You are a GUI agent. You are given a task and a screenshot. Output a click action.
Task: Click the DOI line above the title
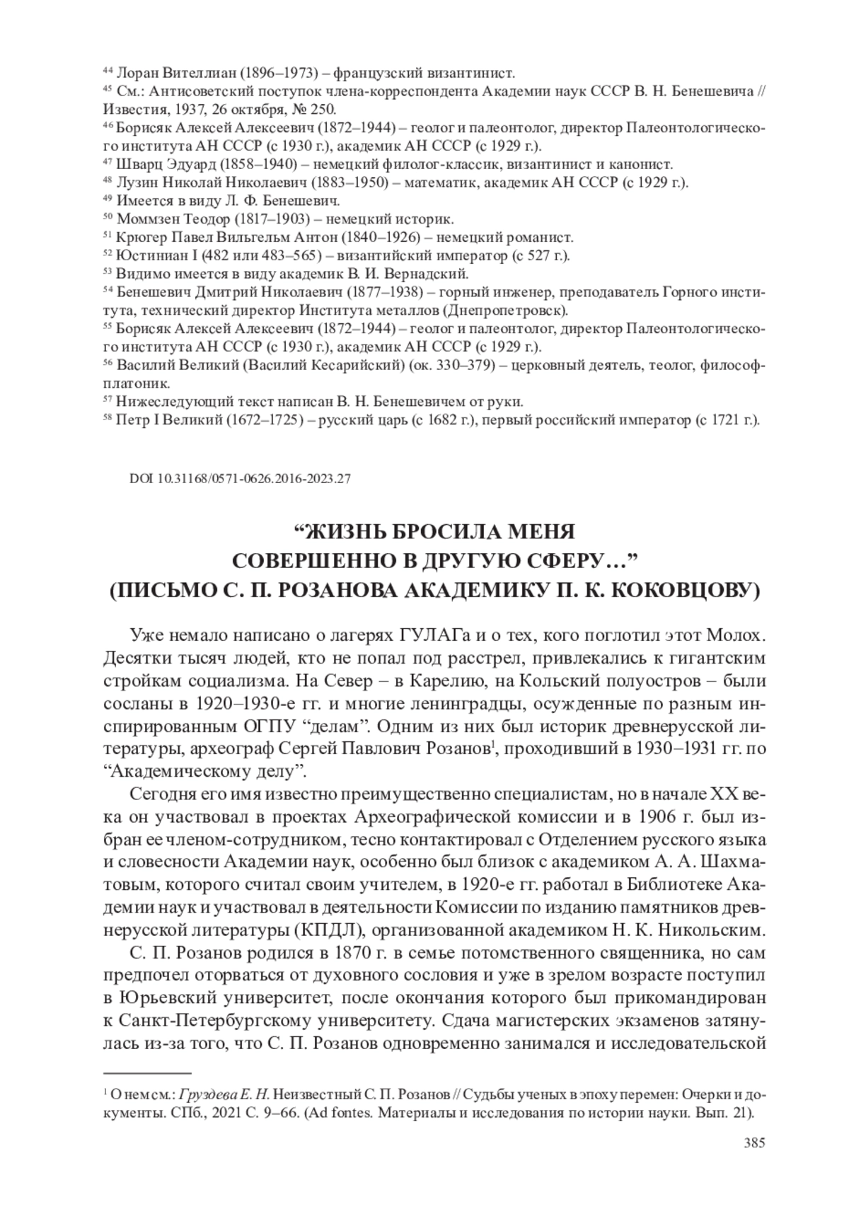[x=240, y=478]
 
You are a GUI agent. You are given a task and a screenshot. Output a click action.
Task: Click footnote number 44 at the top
[x=108, y=70]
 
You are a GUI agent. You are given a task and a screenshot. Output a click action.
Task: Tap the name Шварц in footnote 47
[x=136, y=163]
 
